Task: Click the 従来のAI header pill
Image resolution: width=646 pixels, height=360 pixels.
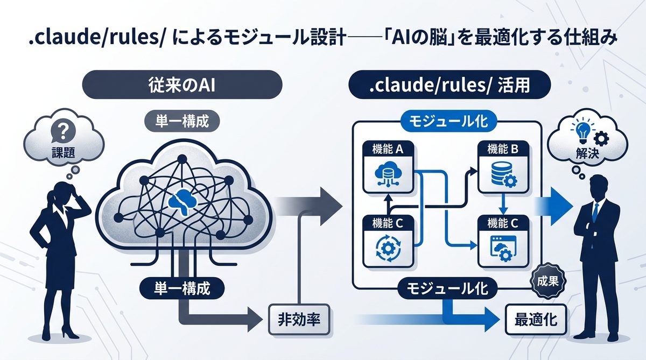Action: tap(181, 86)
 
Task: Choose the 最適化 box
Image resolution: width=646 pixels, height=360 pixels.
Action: tap(535, 322)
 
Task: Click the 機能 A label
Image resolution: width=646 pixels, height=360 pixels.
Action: tap(388, 150)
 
